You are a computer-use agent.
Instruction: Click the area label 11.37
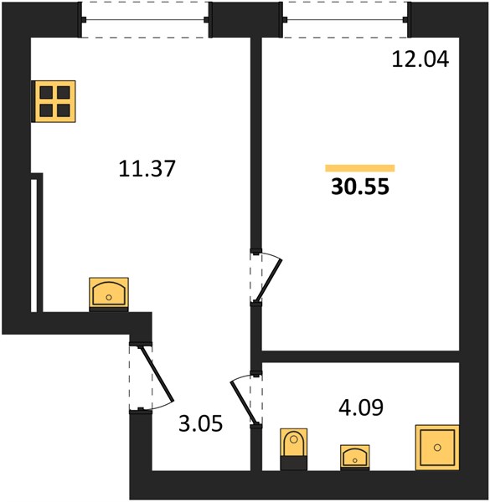pyautogui.click(x=147, y=168)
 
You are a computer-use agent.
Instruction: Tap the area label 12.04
pyautogui.click(x=420, y=59)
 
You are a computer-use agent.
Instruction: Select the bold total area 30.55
pyautogui.click(x=360, y=187)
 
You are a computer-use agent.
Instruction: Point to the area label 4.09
pyautogui.click(x=361, y=407)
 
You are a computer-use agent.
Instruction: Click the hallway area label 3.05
pyautogui.click(x=200, y=423)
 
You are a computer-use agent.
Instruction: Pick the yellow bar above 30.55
pyautogui.click(x=360, y=168)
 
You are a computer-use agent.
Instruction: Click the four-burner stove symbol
pyautogui.click(x=54, y=101)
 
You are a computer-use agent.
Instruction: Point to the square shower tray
pyautogui.click(x=437, y=448)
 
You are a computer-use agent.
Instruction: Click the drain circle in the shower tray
pyautogui.click(x=437, y=448)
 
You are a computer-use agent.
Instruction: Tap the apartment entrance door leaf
pyautogui.click(x=157, y=374)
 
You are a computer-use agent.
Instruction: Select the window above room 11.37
pyautogui.click(x=145, y=19)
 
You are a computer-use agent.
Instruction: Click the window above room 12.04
pyautogui.click(x=345, y=19)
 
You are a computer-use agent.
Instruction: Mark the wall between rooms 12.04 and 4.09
pyautogui.click(x=360, y=356)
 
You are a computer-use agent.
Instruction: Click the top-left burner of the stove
pyautogui.click(x=46, y=93)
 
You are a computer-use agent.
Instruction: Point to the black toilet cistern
pyautogui.click(x=294, y=464)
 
